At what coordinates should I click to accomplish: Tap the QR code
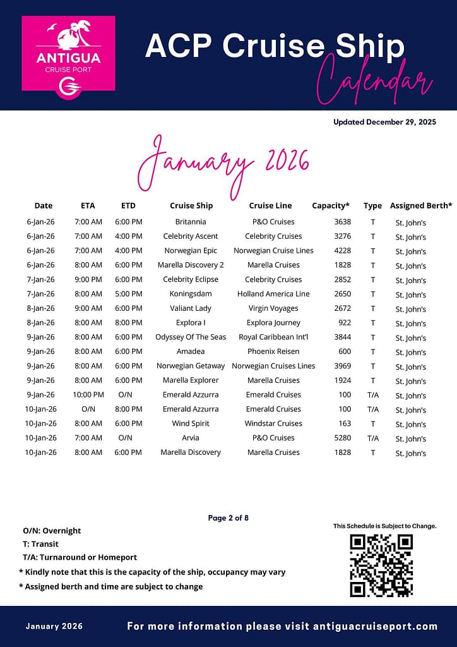(x=381, y=565)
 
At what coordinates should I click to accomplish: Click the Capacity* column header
(x=331, y=205)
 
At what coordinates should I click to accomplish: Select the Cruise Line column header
(x=270, y=205)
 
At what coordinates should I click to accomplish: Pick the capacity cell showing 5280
(x=343, y=438)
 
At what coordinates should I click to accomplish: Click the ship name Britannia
(x=191, y=222)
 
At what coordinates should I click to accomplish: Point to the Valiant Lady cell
(x=191, y=308)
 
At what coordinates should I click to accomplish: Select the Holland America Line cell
(x=273, y=294)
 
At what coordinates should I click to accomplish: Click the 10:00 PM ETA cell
(x=88, y=395)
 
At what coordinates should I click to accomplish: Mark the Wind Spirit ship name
(x=191, y=423)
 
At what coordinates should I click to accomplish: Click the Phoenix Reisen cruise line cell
(x=273, y=351)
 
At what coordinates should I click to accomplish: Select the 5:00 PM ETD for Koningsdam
(x=128, y=294)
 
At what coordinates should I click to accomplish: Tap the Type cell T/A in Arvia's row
(x=373, y=438)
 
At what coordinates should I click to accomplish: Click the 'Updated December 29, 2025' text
(x=384, y=123)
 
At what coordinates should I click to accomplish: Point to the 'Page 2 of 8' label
(x=228, y=518)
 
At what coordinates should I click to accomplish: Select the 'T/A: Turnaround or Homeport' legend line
(x=80, y=557)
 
